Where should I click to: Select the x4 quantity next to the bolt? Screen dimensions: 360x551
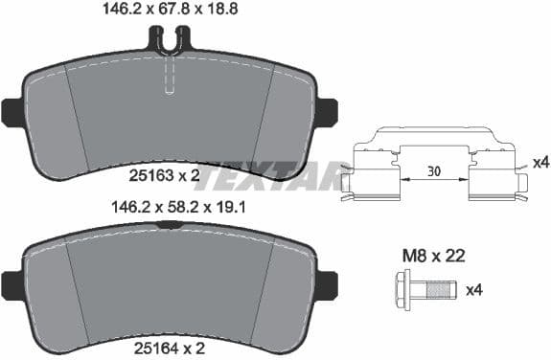(x=473, y=288)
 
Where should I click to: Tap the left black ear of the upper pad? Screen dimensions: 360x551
(x=12, y=112)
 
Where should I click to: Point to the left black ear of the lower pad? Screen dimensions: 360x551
(x=12, y=283)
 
